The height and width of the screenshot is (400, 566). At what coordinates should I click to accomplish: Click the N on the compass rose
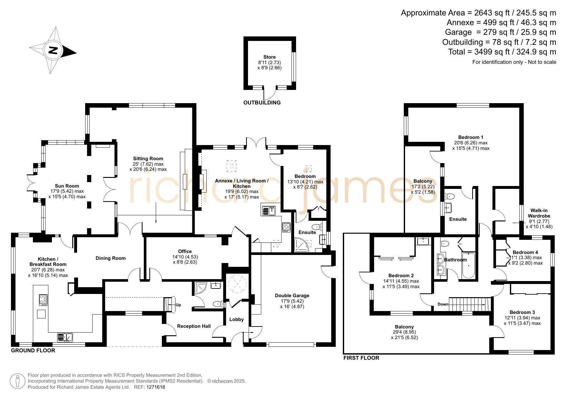pos(53,50)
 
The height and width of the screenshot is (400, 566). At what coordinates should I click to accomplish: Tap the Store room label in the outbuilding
pos(269,57)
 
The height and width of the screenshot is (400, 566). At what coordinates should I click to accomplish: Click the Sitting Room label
pos(148,159)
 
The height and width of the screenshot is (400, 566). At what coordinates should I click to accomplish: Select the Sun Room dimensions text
pos(67,194)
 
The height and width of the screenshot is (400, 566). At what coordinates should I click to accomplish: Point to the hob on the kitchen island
pos(44,300)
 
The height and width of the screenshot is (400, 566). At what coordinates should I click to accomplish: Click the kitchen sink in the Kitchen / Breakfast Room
pos(65,337)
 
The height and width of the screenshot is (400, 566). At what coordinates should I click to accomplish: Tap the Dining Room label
pos(111,258)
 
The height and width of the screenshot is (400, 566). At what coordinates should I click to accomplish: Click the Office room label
pos(185,251)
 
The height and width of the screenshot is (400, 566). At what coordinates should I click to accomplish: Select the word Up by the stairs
pos(178,305)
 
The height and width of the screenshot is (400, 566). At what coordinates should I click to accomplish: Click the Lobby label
pos(236,319)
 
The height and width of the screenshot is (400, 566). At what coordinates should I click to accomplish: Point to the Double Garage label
pos(292,296)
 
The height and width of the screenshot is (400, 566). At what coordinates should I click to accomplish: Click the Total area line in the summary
pos(502,52)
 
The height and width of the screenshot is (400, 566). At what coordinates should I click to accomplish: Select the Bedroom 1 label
pos(471,137)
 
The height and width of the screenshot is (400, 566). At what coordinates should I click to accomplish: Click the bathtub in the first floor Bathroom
pos(468,266)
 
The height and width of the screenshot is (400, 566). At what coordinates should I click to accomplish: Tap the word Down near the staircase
pos(443,304)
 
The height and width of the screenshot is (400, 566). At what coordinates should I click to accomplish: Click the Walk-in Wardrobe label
pos(539,213)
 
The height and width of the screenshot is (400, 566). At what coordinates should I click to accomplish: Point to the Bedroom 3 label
pos(522,312)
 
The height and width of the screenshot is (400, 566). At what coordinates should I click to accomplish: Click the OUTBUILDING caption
pos(262,103)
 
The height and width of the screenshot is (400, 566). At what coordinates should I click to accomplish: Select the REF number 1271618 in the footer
pos(155,387)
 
